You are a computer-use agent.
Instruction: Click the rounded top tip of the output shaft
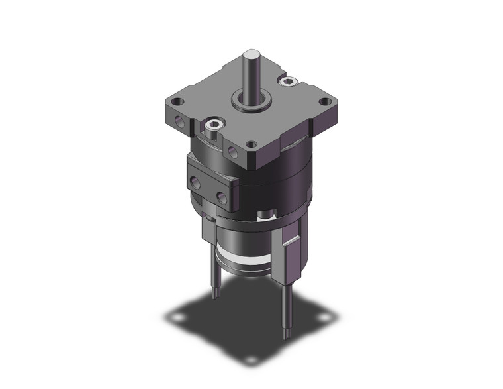click(x=251, y=54)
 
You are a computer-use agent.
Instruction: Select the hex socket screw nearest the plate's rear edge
click(x=287, y=81)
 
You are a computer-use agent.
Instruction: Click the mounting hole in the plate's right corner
click(x=324, y=102)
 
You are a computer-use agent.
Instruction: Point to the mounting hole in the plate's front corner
click(x=251, y=144)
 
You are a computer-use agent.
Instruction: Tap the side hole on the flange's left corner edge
click(x=179, y=121)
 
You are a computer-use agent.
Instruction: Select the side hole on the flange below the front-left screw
click(x=233, y=152)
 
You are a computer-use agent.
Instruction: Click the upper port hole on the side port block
click(x=197, y=180)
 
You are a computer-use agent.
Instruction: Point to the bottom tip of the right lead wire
click(x=287, y=335)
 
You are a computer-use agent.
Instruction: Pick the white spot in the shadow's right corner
click(x=322, y=317)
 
